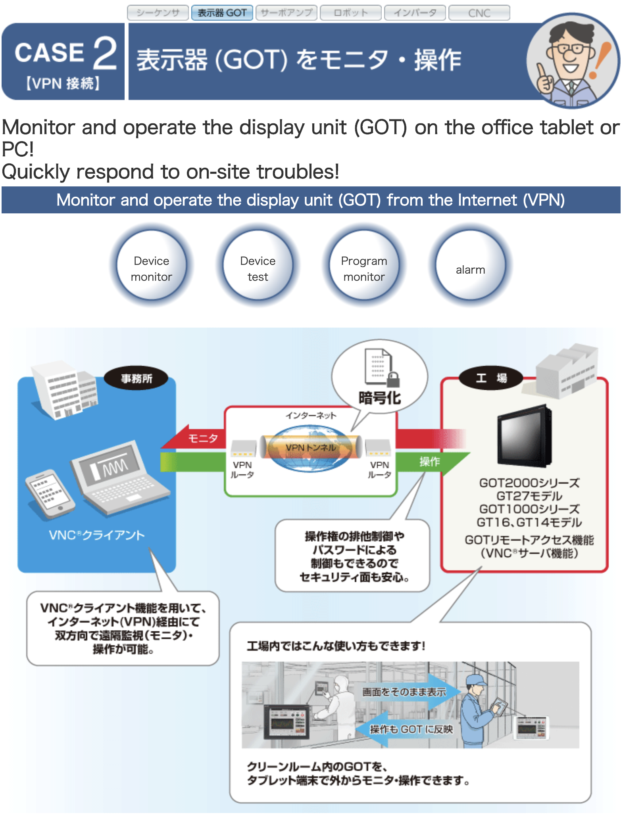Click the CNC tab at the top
coord(479,13)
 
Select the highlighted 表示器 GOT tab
coord(222,13)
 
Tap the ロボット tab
coord(350,13)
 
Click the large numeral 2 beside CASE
coord(105,53)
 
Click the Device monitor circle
coord(151,265)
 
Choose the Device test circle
coord(258,265)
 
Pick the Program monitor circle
coord(364,265)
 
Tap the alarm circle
coord(470,265)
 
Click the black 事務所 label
coord(136,378)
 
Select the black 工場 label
coord(491,378)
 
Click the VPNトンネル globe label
coord(311,447)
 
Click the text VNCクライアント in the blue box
coord(96,535)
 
